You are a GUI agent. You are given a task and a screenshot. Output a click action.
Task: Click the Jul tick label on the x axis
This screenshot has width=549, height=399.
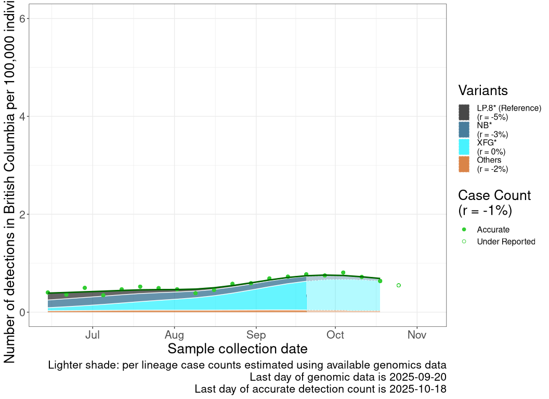point(93,335)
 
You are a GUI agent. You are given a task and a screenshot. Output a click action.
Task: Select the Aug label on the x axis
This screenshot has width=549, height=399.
point(175,335)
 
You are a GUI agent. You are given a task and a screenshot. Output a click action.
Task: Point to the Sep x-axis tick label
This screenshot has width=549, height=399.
point(256,335)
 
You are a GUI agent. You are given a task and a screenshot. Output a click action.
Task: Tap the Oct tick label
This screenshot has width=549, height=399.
point(336,335)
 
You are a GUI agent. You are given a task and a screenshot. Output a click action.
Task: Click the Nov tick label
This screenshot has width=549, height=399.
point(417,335)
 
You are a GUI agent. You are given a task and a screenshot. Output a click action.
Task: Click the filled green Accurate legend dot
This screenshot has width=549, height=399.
point(464,230)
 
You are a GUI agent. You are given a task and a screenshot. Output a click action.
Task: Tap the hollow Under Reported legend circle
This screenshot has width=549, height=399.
point(464,242)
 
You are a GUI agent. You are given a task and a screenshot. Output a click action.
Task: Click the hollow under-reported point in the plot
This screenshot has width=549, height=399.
point(399,285)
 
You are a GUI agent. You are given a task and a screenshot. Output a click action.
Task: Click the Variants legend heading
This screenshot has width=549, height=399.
point(483,90)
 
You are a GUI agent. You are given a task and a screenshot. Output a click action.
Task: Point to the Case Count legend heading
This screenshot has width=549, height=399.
point(494,195)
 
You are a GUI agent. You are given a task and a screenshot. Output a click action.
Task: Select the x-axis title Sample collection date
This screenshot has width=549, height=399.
point(238,349)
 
